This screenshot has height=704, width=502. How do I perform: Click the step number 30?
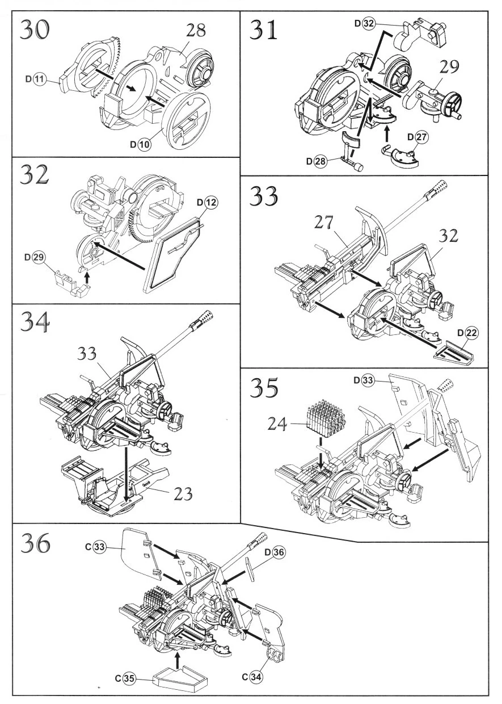[35, 30]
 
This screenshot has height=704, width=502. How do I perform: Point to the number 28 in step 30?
[196, 31]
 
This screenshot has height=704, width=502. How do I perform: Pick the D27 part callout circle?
[421, 137]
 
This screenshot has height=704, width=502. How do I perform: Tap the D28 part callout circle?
[320, 161]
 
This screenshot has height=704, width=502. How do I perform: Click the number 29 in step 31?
[449, 66]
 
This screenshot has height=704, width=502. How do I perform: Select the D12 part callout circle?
[211, 203]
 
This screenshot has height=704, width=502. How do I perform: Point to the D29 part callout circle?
[39, 257]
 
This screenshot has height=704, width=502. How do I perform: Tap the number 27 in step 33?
[324, 223]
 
